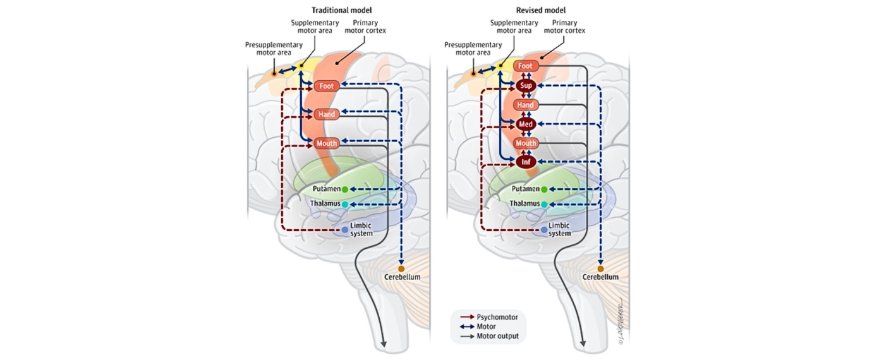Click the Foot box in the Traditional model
click(327, 86)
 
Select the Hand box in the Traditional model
click(327, 114)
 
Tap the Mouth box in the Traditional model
click(327, 143)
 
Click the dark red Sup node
click(526, 85)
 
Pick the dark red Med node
click(526, 124)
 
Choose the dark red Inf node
click(526, 162)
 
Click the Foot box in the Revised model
click(526, 66)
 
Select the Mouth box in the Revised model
click(526, 143)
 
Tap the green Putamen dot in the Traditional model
click(345, 189)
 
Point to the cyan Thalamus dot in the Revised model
click(544, 204)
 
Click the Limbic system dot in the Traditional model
click(345, 230)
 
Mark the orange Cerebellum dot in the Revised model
click(600, 269)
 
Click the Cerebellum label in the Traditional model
click(402, 277)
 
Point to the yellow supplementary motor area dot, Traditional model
click(301, 66)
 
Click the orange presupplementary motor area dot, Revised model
click(473, 73)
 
